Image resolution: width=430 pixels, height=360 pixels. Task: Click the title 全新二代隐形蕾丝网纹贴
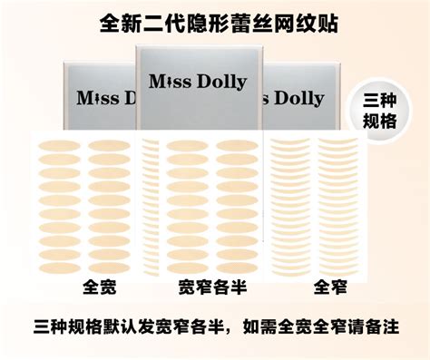[214, 23]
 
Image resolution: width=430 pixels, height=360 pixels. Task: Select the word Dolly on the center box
[220, 83]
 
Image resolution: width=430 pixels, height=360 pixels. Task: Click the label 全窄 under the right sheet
[331, 288]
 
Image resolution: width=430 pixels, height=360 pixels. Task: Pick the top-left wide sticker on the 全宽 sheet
[56, 145]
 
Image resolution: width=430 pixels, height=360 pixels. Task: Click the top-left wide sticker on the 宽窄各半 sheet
[186, 145]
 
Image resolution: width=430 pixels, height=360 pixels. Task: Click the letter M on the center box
[158, 83]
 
